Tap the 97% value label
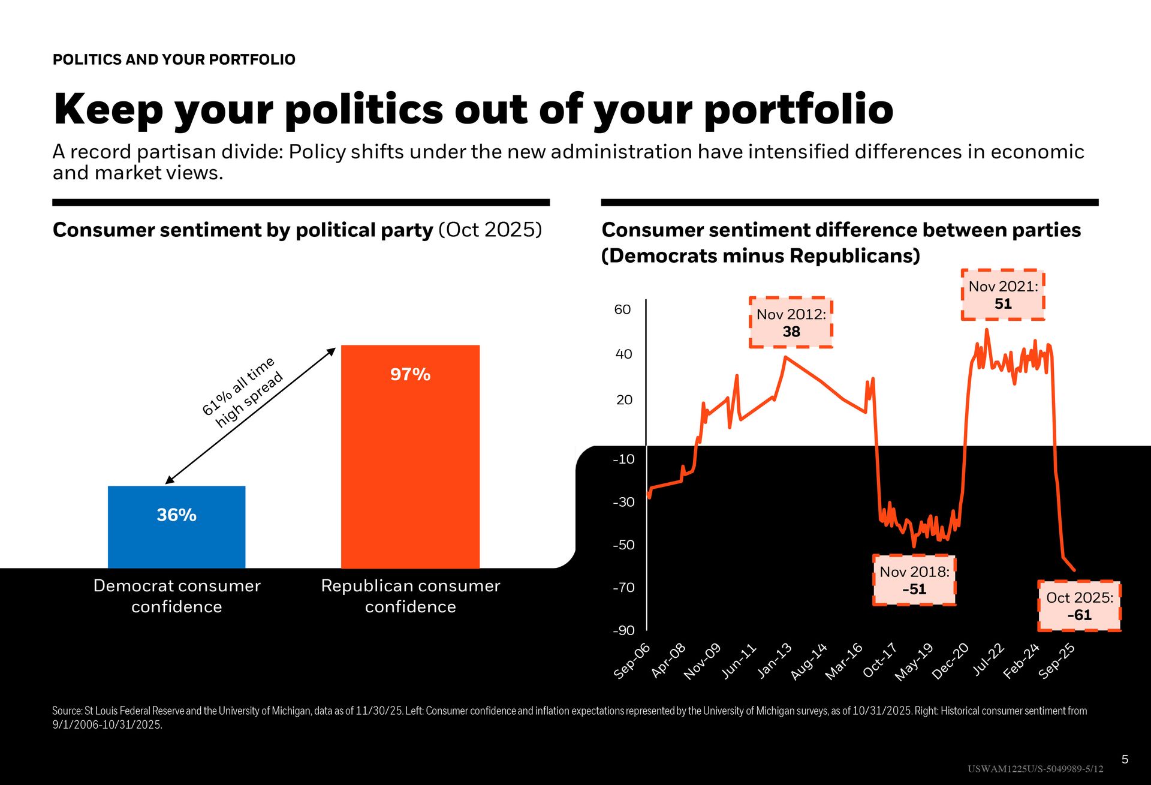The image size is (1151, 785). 410,374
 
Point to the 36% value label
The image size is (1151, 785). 176,515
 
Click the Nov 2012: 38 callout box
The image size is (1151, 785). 791,323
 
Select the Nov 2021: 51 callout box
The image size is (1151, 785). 1003,295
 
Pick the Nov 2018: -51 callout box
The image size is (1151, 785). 914,580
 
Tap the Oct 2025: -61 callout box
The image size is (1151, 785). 1079,606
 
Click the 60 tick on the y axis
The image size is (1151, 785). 623,309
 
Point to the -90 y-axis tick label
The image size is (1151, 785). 623,630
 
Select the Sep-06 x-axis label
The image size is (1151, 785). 632,661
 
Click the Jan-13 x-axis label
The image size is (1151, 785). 775,661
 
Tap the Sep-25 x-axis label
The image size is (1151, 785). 1057,661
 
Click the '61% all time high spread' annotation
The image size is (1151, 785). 242,392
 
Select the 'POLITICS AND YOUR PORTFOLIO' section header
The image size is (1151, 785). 174,59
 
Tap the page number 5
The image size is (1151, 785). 1125,759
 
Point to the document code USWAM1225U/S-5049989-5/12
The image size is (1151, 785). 1035,769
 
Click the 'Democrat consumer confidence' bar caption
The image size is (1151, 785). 177,596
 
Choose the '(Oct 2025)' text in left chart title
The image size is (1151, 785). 490,230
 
